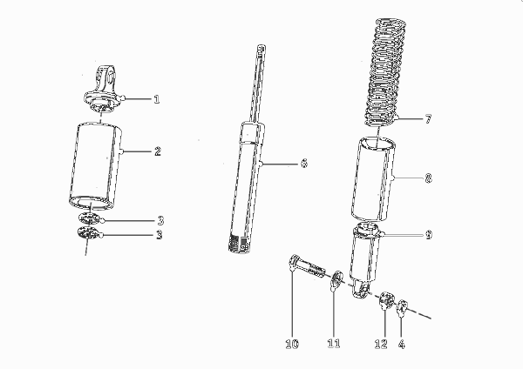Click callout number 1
click(x=156, y=99)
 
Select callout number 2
click(x=158, y=151)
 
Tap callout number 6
click(x=304, y=164)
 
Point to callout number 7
click(x=428, y=119)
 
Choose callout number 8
click(x=428, y=178)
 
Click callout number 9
click(x=429, y=235)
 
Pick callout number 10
click(x=292, y=344)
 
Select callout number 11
click(x=334, y=344)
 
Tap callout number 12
click(x=381, y=344)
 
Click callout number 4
click(x=402, y=344)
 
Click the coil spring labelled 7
click(x=386, y=72)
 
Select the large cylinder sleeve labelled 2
click(x=95, y=167)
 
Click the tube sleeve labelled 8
click(x=373, y=178)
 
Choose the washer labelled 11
click(x=336, y=279)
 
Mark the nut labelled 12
click(x=386, y=299)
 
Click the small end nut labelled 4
click(x=402, y=306)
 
